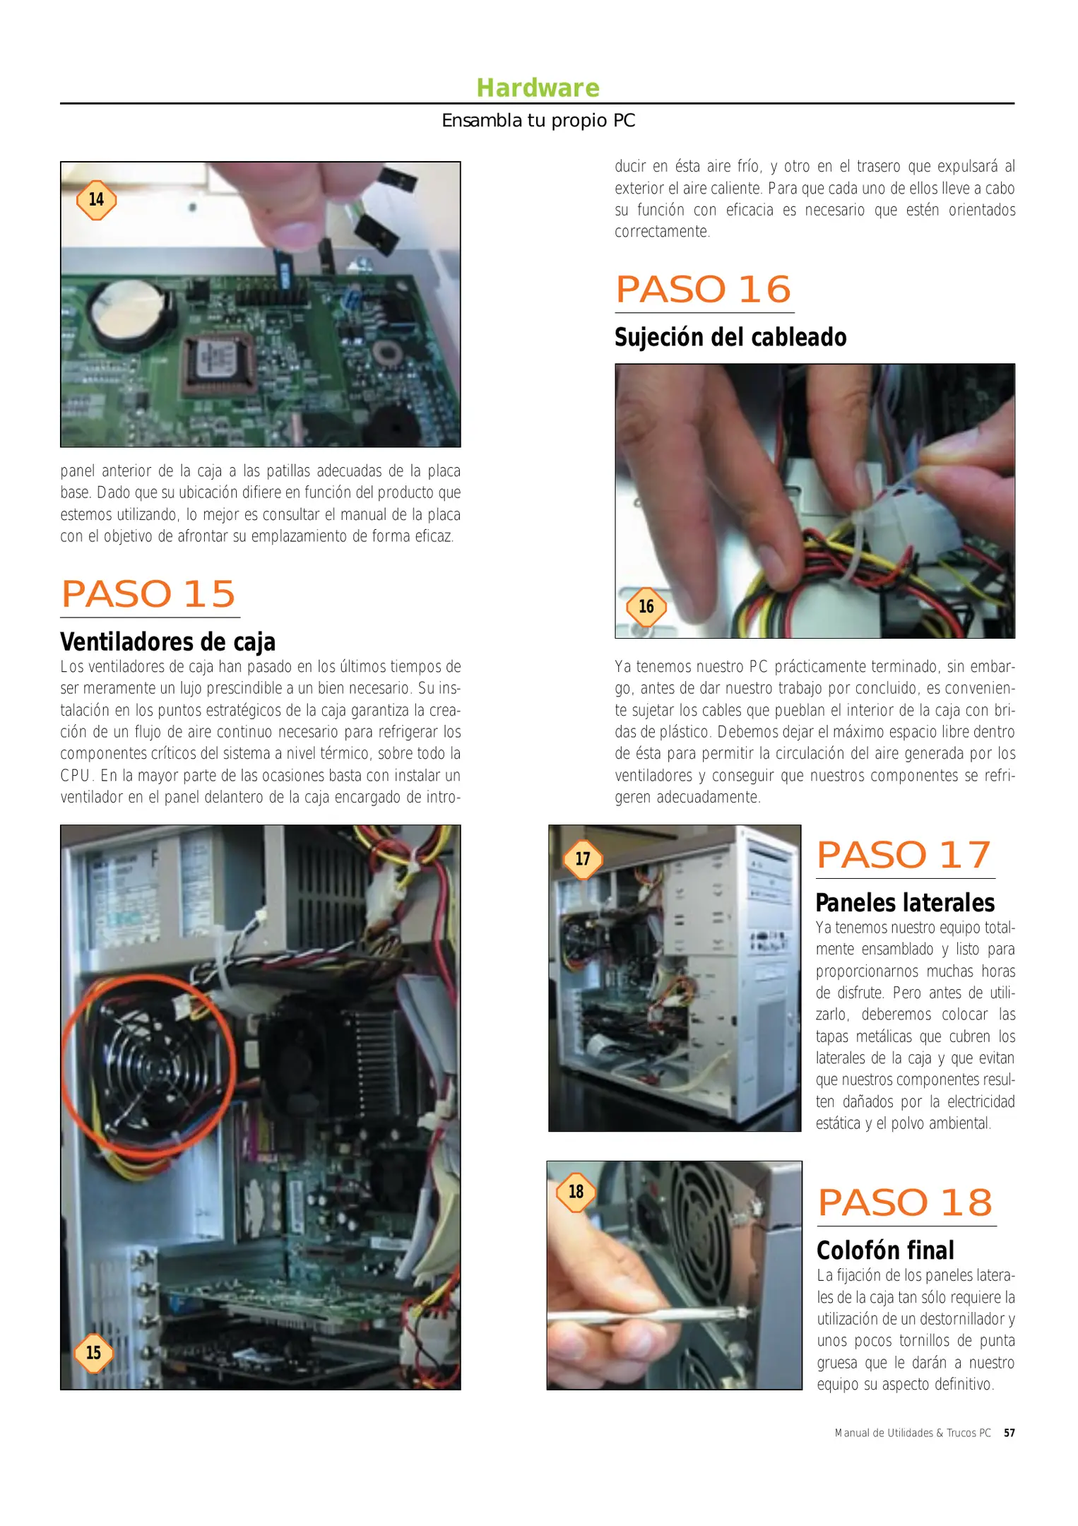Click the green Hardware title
coord(538,88)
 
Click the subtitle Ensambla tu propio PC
coord(538,121)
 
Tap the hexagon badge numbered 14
coord(96,200)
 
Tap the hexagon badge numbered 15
coord(93,1352)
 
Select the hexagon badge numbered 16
coord(646,606)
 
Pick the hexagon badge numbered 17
coord(582,858)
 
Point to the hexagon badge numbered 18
coord(576,1191)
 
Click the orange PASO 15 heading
coord(148,593)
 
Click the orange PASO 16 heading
coord(703,289)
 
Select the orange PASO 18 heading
coord(905,1202)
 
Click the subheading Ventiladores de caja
coord(167,641)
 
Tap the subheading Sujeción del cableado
coord(730,337)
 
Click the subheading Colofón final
coord(884,1250)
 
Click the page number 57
coord(1009,1433)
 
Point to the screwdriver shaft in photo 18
coord(643,1315)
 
